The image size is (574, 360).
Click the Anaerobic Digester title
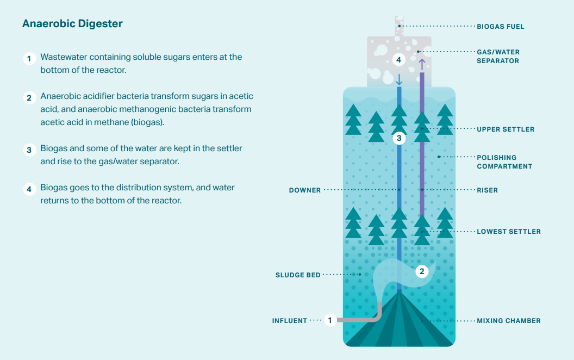tap(72, 24)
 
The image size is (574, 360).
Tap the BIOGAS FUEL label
tap(500, 26)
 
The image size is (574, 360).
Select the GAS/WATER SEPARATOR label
tap(498, 57)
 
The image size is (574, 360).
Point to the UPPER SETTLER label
tap(506, 129)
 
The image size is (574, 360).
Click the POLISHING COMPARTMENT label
tap(504, 162)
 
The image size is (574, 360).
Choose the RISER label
tap(487, 190)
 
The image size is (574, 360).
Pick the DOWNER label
tap(304, 190)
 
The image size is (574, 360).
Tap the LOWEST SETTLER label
tap(508, 232)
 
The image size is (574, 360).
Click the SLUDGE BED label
tap(297, 275)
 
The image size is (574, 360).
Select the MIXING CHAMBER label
tap(508, 321)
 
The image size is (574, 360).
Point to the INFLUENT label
tap(289, 321)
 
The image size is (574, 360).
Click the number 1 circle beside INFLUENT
tap(330, 320)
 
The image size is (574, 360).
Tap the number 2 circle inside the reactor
tap(422, 271)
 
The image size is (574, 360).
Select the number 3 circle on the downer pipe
tap(399, 138)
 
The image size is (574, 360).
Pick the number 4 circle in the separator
tap(399, 59)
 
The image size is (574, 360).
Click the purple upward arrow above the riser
tap(422, 64)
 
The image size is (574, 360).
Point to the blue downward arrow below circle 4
tap(399, 79)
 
